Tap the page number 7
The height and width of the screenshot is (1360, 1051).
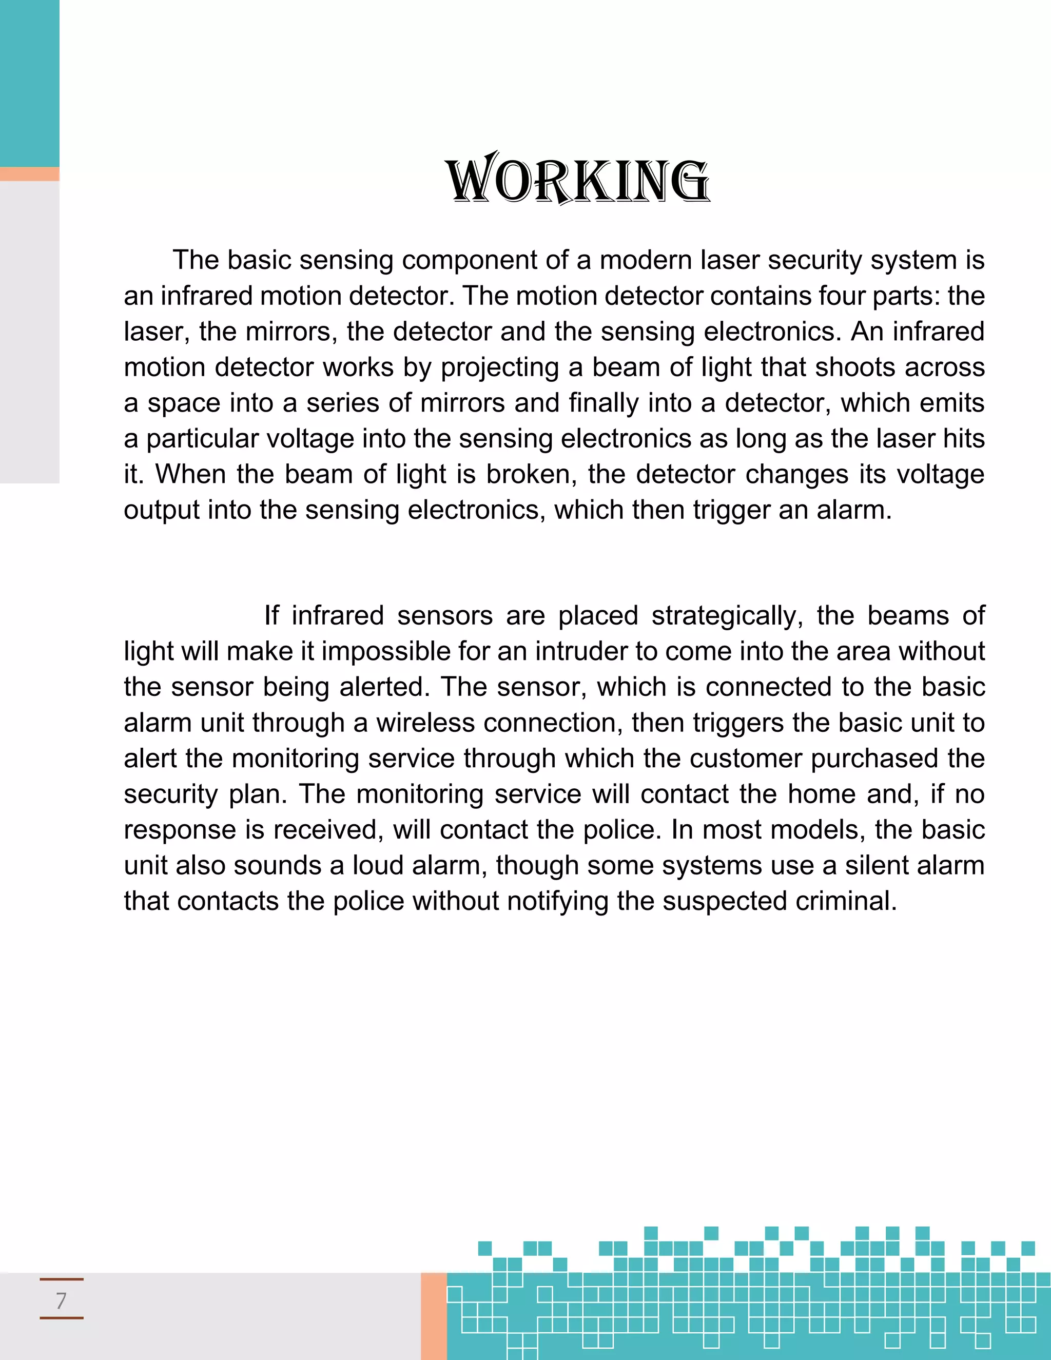point(61,1300)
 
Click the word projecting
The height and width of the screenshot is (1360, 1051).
point(500,367)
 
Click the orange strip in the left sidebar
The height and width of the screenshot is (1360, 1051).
point(29,174)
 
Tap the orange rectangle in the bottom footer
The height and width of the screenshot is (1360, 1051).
point(433,1315)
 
